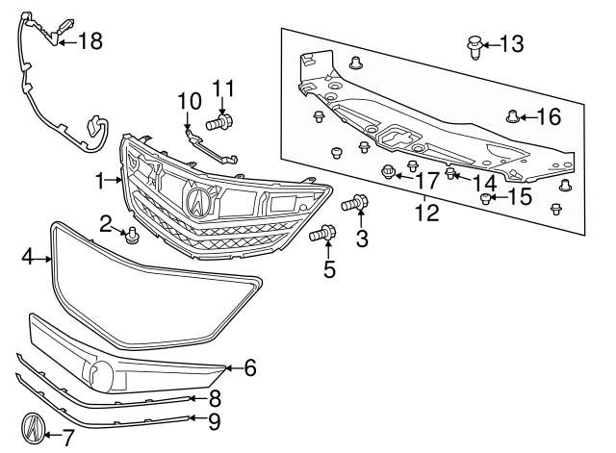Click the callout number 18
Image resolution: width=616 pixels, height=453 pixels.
point(90,40)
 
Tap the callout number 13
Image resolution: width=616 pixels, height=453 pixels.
point(511,44)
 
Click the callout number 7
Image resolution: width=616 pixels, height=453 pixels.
point(67,439)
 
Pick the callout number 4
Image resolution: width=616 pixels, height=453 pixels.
point(29,258)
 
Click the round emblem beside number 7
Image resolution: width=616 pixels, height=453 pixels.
point(34,428)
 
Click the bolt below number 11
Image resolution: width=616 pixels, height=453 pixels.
point(218,122)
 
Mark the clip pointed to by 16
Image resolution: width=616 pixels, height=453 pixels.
point(513,118)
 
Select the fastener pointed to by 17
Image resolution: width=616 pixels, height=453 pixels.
point(390,173)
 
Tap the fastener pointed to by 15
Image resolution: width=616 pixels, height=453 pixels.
point(486,199)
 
